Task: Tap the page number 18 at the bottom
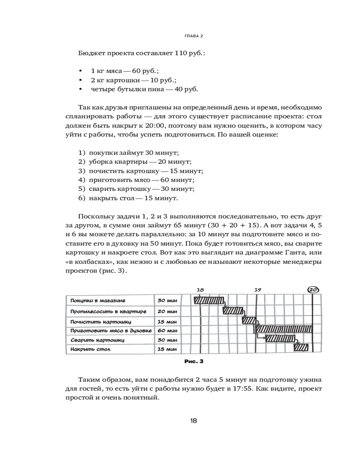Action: (x=193, y=421)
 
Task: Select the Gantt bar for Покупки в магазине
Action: (x=209, y=300)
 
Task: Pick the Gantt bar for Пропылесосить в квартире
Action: (x=233, y=310)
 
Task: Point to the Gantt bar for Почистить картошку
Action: (x=249, y=321)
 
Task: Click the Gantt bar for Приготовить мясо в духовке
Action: (x=283, y=329)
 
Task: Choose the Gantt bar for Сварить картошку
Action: (x=280, y=338)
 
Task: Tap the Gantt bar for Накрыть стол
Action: (x=301, y=347)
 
